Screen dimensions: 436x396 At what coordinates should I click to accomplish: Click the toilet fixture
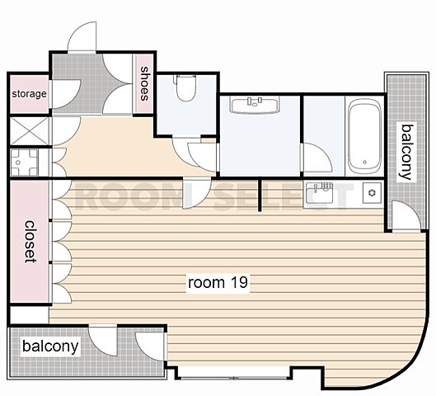185,87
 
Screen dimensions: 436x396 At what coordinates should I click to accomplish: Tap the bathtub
364,136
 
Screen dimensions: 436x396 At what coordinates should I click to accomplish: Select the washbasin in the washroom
255,105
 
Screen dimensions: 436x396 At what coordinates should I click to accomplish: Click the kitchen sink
319,192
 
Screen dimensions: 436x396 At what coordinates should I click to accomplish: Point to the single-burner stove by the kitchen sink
372,192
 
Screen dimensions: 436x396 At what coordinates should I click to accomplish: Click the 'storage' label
29,94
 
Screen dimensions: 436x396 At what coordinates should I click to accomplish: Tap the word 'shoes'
144,83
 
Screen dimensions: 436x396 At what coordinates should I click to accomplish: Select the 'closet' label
30,241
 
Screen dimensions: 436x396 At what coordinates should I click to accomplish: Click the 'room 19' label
218,283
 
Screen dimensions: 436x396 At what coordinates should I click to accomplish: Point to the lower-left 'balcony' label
50,346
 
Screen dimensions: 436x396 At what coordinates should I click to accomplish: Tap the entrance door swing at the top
82,36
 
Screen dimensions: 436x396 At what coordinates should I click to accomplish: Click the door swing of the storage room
66,94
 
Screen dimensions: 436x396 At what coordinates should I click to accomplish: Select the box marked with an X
30,131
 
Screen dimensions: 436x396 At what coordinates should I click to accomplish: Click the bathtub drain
364,162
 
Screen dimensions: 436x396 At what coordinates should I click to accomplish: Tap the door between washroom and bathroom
316,158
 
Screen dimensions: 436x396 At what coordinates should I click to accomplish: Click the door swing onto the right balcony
406,216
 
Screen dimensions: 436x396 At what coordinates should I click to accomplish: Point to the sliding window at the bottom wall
233,378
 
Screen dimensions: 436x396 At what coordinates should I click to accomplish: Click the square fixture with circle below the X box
24,163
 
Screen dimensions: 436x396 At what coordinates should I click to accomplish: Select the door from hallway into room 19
197,194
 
